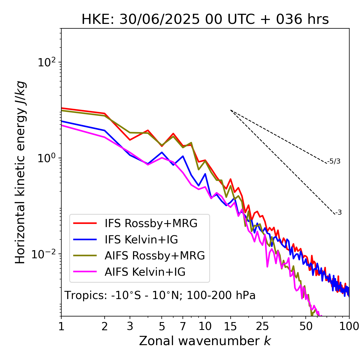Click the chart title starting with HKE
click(x=205, y=19)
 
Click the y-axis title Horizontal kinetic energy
click(x=20, y=172)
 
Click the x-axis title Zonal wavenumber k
click(x=205, y=341)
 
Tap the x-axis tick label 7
click(x=183, y=326)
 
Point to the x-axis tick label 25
click(x=262, y=326)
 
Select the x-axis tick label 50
click(x=306, y=326)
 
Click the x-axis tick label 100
click(x=349, y=326)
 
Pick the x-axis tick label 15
click(x=230, y=326)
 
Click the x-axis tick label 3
click(x=130, y=326)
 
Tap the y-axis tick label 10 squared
click(x=47, y=62)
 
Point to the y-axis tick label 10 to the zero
click(x=47, y=158)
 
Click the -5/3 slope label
click(x=334, y=161)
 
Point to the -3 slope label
click(x=338, y=213)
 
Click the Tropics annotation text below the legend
click(x=160, y=295)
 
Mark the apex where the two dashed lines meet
click(x=231, y=110)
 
